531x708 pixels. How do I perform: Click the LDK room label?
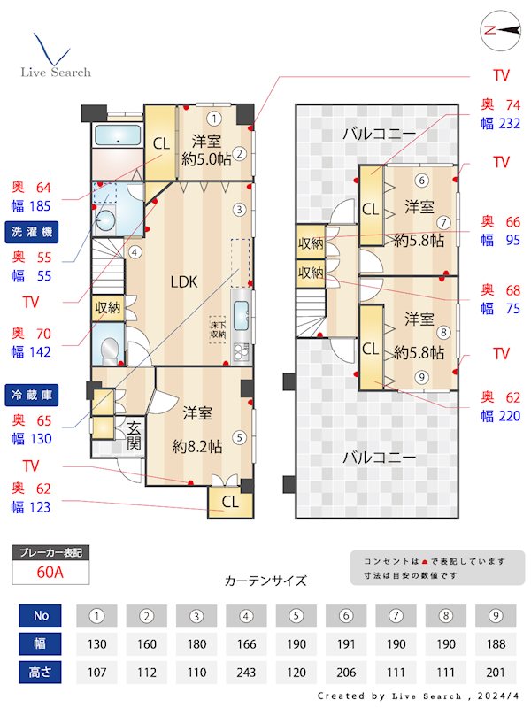tap(184, 282)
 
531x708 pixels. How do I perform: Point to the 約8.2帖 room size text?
tap(202, 447)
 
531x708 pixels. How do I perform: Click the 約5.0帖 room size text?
tap(206, 159)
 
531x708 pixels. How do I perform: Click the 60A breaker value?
tap(50, 572)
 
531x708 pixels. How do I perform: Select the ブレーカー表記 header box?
tap(50, 553)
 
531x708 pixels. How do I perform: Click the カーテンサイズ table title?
tap(265, 581)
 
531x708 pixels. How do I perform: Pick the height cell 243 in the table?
tap(247, 672)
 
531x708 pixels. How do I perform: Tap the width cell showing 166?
tap(247, 643)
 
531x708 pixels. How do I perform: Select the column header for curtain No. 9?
tap(495, 615)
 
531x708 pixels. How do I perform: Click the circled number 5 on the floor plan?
tap(240, 436)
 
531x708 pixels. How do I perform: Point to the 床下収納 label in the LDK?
tap(219, 329)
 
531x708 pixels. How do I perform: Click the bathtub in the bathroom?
tap(118, 136)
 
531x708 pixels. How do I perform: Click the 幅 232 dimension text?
tap(500, 124)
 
